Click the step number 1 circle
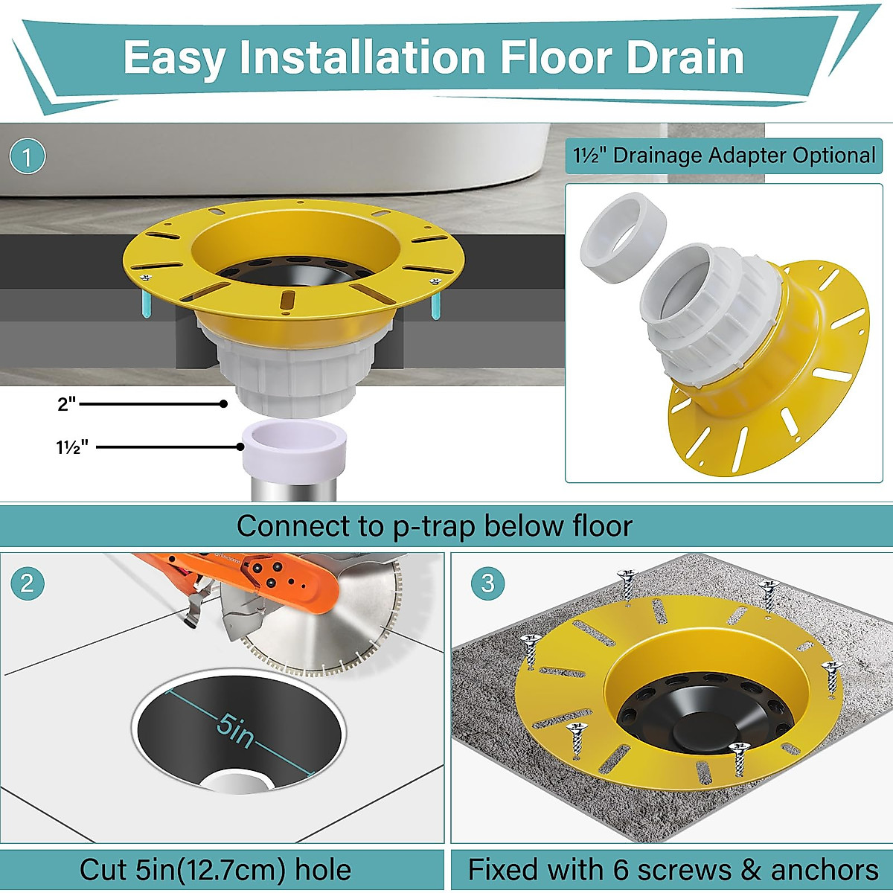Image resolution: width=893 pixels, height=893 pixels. [x=28, y=157]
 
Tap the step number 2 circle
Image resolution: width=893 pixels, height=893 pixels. [x=28, y=583]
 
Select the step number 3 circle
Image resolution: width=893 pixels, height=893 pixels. [x=487, y=583]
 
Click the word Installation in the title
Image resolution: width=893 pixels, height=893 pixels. [x=363, y=58]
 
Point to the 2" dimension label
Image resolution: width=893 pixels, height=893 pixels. [x=67, y=404]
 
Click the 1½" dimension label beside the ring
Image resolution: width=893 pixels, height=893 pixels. [x=72, y=447]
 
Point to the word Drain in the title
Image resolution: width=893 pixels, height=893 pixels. [x=684, y=58]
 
